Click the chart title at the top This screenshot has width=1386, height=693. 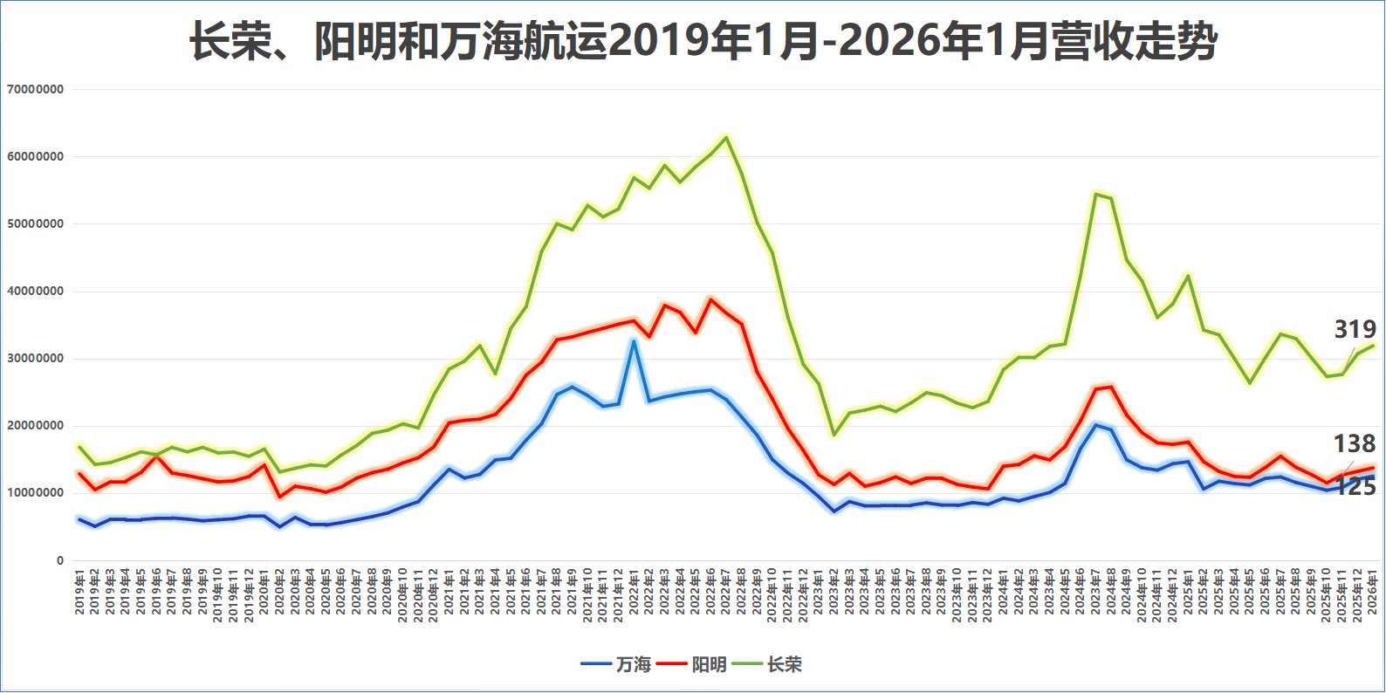703,41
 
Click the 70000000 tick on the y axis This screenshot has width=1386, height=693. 35,89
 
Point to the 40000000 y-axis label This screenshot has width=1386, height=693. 35,292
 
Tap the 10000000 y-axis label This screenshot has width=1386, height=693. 35,493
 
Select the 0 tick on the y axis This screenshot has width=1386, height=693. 60,560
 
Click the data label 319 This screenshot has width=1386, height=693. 1355,329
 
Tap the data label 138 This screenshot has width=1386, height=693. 1355,443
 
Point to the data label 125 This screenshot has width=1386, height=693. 1355,487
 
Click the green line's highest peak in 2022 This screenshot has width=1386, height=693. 726,137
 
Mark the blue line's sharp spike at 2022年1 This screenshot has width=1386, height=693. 634,341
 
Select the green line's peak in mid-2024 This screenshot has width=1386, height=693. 1096,194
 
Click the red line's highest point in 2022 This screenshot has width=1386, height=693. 710,299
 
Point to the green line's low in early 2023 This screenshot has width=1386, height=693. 834,434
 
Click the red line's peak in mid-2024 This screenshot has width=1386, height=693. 1111,386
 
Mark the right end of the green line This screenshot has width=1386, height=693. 1373,345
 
